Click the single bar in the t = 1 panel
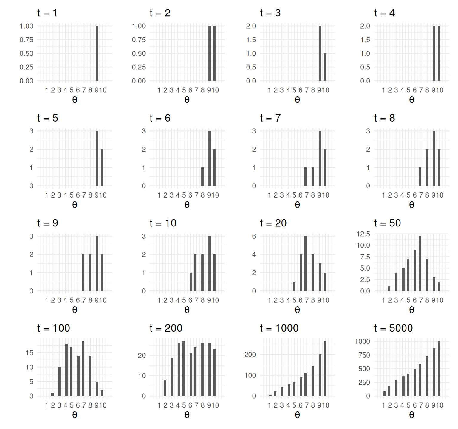(x=97, y=53)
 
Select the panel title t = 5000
(x=393, y=328)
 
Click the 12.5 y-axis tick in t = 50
(x=363, y=234)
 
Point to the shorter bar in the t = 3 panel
(x=325, y=67)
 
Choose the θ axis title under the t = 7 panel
(x=297, y=205)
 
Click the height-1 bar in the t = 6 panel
(x=202, y=177)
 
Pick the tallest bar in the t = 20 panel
(x=306, y=263)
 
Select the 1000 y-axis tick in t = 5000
(x=362, y=341)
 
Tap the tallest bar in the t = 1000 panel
(x=325, y=369)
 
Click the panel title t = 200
(x=166, y=328)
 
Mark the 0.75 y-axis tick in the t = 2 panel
(x=139, y=40)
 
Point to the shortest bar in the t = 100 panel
(x=52, y=394)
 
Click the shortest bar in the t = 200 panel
(x=165, y=388)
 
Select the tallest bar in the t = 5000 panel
(x=439, y=369)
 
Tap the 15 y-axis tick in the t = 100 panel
(x=30, y=353)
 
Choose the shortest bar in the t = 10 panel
(x=191, y=282)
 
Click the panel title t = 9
(x=48, y=223)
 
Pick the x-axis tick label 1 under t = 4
(x=383, y=90)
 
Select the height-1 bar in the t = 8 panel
(x=420, y=177)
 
